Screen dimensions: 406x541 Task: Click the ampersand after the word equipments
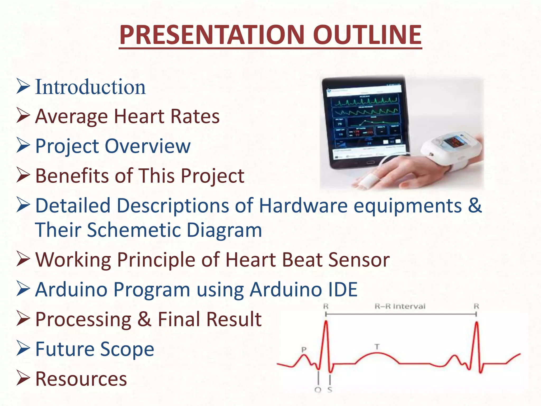coord(475,205)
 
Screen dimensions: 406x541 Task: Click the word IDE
coord(343,289)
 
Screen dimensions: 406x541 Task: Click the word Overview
coord(148,146)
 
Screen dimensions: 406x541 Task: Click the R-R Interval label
coord(400,306)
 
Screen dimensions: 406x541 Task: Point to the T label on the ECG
coord(377,347)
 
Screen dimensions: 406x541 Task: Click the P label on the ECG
coord(304,349)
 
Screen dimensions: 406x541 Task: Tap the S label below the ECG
coord(330,390)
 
